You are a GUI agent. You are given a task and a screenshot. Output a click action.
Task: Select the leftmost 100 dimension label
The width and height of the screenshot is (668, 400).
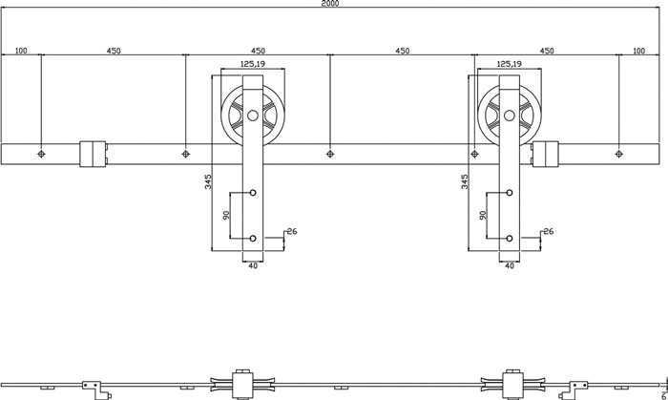20,51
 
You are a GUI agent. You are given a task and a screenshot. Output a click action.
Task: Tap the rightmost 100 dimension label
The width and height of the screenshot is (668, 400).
639,51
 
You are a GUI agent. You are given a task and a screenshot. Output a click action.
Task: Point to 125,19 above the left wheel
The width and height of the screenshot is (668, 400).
253,64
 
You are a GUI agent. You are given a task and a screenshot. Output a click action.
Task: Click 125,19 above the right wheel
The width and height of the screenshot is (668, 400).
509,64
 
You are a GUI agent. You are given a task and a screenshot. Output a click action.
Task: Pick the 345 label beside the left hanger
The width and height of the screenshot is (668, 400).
208,181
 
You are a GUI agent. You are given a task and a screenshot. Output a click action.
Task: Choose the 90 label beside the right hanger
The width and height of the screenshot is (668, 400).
481,215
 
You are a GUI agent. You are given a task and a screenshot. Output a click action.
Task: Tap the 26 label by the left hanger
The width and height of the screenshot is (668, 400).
292,231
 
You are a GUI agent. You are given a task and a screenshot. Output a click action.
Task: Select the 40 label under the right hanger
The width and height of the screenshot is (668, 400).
509,266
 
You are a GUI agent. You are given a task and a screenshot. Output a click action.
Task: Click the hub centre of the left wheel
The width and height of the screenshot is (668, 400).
253,117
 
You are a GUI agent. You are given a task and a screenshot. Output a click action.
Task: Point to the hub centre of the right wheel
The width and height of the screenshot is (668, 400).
509,117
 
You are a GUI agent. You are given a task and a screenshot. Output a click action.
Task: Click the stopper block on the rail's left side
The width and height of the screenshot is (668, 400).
93,153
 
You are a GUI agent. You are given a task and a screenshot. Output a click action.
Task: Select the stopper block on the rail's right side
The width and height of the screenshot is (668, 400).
546,153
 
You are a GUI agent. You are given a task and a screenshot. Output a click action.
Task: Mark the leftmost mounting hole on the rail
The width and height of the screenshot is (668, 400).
41,153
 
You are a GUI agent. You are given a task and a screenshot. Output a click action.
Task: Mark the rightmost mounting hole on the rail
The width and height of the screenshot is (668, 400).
618,153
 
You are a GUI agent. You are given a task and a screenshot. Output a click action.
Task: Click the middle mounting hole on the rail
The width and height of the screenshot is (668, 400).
330,153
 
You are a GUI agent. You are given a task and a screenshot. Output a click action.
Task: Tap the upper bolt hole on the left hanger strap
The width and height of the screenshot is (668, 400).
253,193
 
